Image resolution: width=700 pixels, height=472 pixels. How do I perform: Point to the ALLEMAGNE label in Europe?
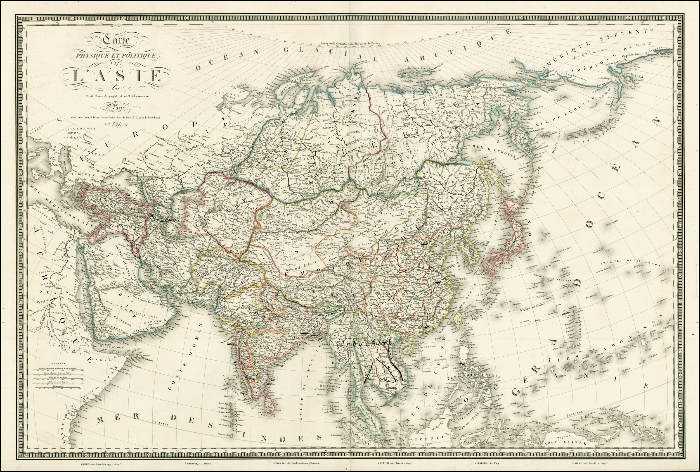pyautogui.click(x=82, y=129)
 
